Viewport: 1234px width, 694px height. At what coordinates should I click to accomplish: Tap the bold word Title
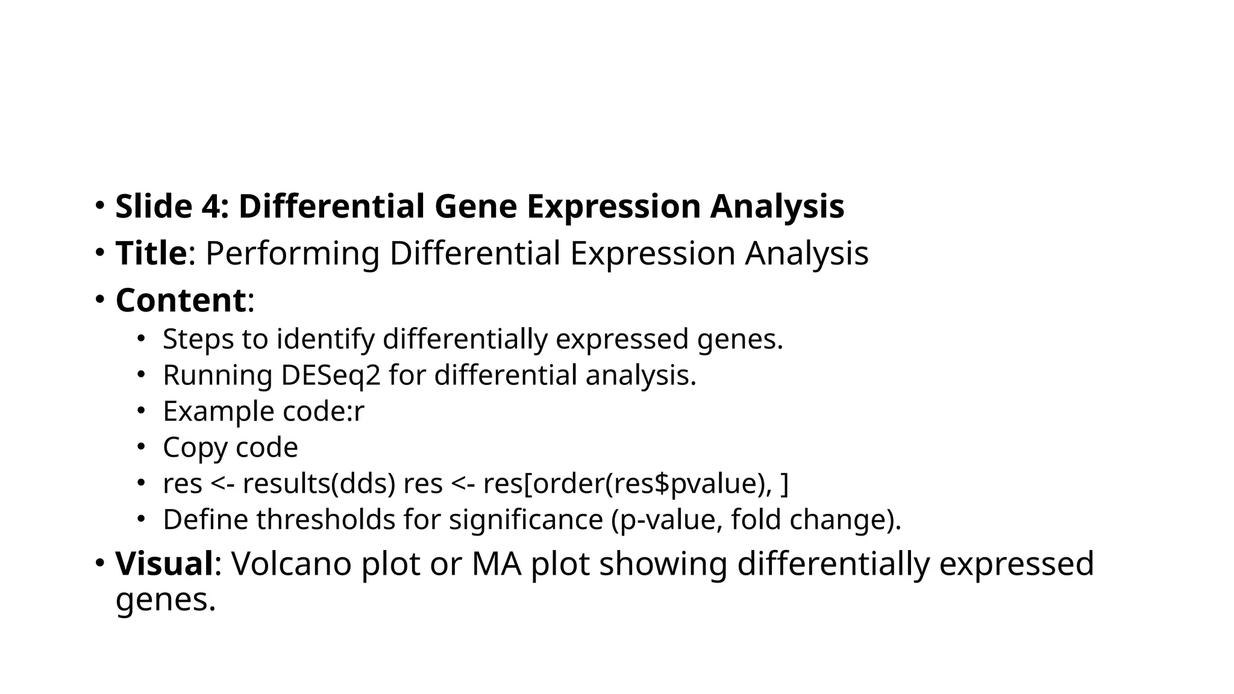(x=151, y=253)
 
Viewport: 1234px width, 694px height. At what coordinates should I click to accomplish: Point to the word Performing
(x=292, y=253)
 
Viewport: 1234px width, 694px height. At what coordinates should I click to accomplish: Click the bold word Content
(x=180, y=300)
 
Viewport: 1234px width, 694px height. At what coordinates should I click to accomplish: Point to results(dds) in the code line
(x=319, y=484)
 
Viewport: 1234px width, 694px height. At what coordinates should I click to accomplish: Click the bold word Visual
(x=164, y=564)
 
